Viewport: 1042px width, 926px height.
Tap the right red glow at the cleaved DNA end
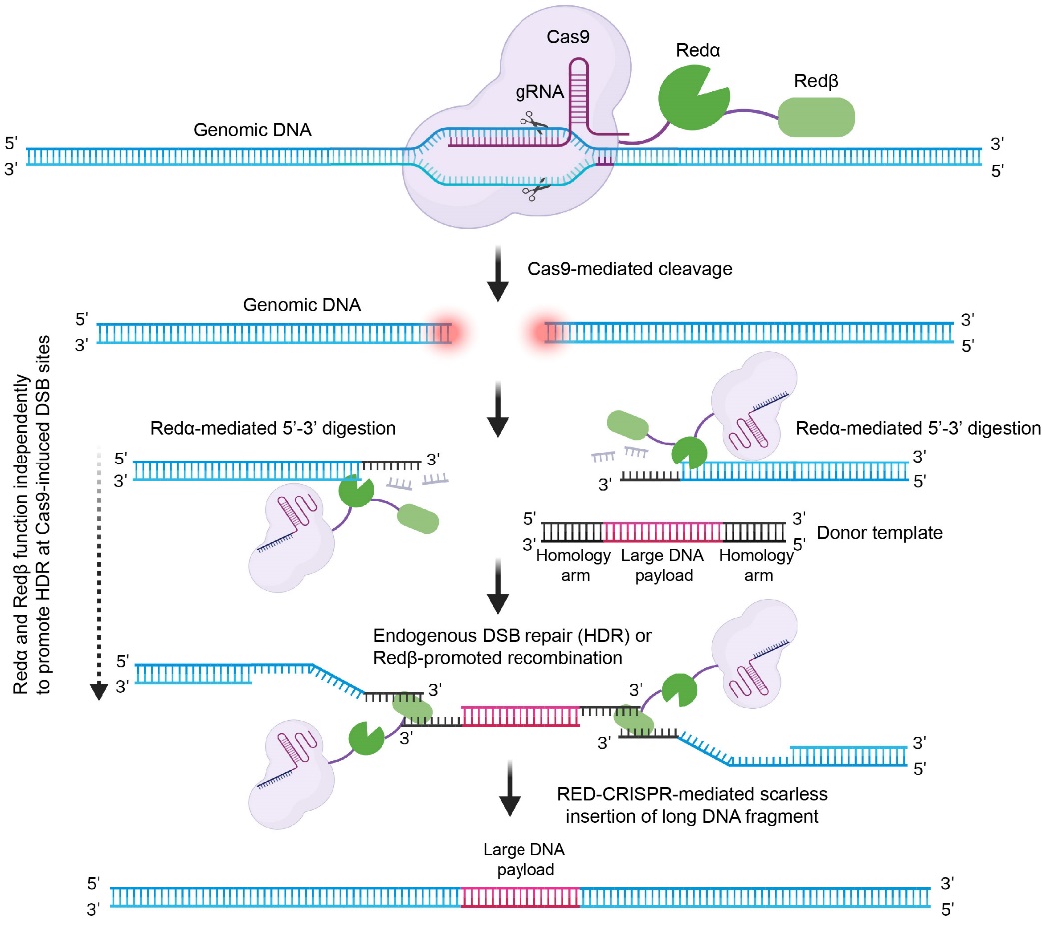point(549,332)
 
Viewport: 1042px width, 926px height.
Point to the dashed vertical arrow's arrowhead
point(98,691)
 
